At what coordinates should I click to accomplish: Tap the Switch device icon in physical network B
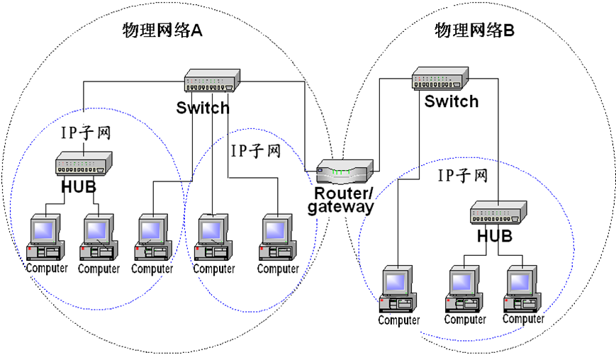pyautogui.click(x=439, y=77)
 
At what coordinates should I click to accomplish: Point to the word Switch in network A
pyautogui.click(x=203, y=108)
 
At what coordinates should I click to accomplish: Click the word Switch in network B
pyautogui.click(x=452, y=101)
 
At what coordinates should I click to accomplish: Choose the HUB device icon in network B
pyautogui.click(x=498, y=210)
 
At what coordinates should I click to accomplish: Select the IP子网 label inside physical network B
pyautogui.click(x=462, y=174)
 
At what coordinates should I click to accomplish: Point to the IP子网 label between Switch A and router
pyautogui.click(x=256, y=151)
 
